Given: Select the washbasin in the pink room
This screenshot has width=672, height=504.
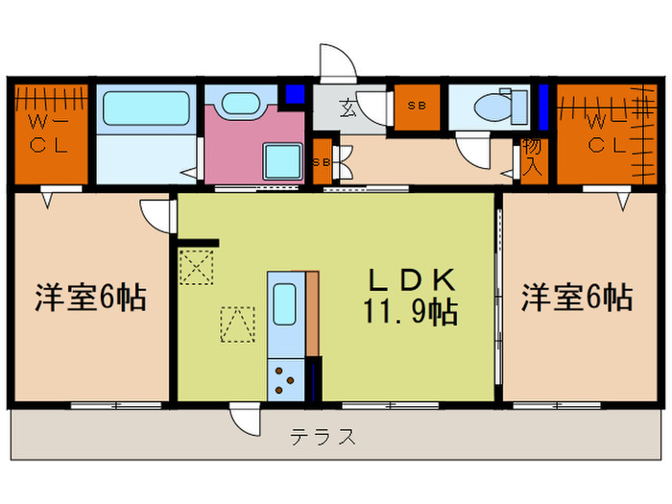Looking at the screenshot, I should pyautogui.click(x=236, y=103).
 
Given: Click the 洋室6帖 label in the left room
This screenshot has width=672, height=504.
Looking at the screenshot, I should pyautogui.click(x=91, y=298).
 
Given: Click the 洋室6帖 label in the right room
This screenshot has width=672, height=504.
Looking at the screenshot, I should pyautogui.click(x=577, y=298).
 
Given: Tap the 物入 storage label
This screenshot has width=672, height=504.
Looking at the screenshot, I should pyautogui.click(x=530, y=158).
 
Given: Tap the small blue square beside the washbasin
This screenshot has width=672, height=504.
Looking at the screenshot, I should pyautogui.click(x=294, y=94).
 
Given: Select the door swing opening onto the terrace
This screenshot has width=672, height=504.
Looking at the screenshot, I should pyautogui.click(x=244, y=417).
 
